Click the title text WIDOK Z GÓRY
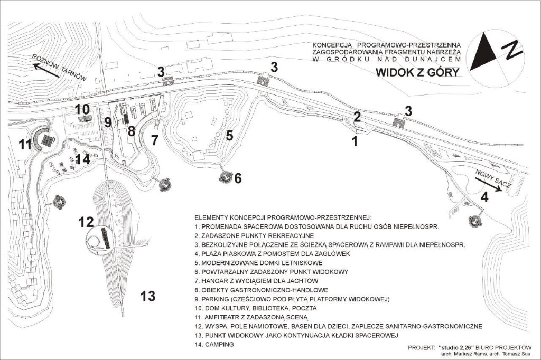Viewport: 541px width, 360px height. point(417,72)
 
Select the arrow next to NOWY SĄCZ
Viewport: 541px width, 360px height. point(488,184)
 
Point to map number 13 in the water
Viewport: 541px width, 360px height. point(148,296)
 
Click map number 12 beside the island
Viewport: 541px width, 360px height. point(86,222)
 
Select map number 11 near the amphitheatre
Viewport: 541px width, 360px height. point(25,144)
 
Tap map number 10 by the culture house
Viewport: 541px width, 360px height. point(82,109)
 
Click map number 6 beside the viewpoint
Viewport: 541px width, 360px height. point(238,178)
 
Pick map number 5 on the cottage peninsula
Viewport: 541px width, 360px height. point(229,136)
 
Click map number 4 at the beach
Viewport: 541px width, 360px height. point(484,197)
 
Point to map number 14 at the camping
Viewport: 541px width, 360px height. point(83,159)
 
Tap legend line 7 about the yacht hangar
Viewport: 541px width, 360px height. point(256,281)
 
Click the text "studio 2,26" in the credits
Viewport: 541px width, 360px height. point(458,347)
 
